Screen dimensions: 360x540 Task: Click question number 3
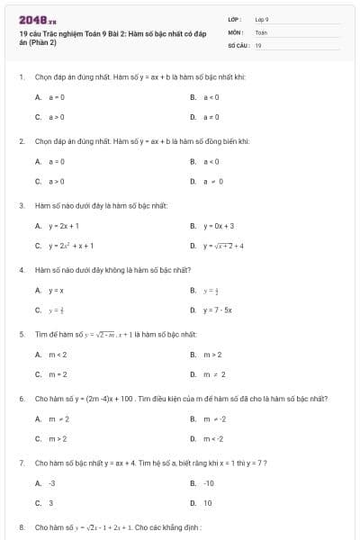(x=21, y=206)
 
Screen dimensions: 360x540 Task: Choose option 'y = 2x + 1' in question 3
(x=65, y=226)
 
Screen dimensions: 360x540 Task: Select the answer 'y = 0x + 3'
(x=219, y=226)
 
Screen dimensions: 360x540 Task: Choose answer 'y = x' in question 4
(x=56, y=290)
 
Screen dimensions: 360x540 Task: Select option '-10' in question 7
(x=208, y=483)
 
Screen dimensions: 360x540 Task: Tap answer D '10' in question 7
(x=207, y=503)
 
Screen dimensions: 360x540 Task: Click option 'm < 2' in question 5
(x=58, y=355)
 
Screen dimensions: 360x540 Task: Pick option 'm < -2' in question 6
(x=212, y=438)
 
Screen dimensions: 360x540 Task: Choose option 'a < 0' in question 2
(x=209, y=161)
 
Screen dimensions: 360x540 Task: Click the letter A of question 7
(x=38, y=483)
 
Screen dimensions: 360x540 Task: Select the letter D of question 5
(x=193, y=374)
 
